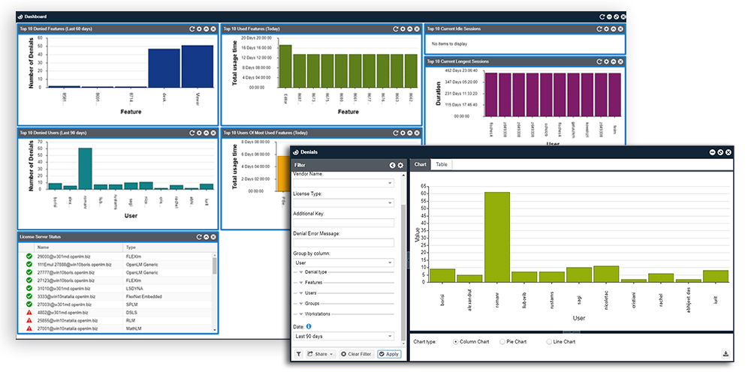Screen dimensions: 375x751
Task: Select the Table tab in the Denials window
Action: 442,164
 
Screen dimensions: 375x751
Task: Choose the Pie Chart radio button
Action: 503,342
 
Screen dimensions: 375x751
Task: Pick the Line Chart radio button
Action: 548,342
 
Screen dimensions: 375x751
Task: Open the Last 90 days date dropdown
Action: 343,337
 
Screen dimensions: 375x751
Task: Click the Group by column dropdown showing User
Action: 343,263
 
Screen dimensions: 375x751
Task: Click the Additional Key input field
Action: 343,223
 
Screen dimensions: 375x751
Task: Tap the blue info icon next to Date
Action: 309,325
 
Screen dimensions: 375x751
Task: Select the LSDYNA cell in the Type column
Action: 135,289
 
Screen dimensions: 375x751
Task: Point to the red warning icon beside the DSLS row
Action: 28,313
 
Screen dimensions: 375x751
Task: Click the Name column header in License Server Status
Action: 43,247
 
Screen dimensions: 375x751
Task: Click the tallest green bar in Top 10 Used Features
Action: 285,66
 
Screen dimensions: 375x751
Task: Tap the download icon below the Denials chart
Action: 726,354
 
